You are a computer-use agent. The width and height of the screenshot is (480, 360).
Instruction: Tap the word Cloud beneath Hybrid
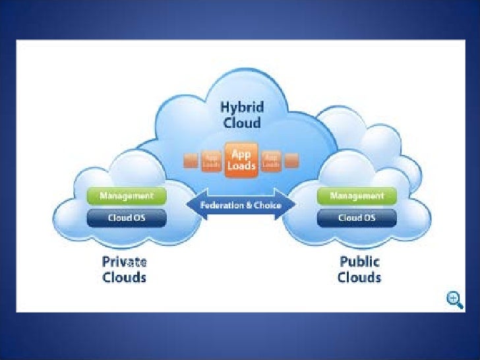tap(241, 123)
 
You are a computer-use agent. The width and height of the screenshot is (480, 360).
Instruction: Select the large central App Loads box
tap(241, 160)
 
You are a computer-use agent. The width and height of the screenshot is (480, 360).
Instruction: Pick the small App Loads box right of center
tap(270, 160)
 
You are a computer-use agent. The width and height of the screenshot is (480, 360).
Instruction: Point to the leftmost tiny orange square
tap(191, 160)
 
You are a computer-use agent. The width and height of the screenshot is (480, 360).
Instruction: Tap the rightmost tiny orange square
tap(291, 160)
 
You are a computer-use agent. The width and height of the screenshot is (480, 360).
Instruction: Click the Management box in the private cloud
tap(127, 196)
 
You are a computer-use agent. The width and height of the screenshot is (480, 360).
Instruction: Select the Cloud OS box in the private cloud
tap(127, 217)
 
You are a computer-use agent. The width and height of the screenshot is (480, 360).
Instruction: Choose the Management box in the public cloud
tap(357, 196)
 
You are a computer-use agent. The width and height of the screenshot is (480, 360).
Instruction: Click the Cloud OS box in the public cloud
tap(357, 217)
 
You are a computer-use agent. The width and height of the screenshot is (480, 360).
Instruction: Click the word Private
tap(124, 262)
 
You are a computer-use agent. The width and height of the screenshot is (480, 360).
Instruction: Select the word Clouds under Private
tap(124, 277)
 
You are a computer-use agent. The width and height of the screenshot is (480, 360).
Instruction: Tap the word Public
tap(359, 262)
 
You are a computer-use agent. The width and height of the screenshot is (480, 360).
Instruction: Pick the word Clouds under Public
tap(359, 277)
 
